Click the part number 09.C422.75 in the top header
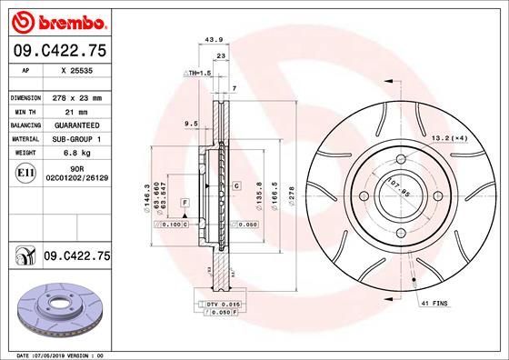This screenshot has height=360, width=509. (x=57, y=52)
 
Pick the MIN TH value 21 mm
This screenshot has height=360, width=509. (x=77, y=111)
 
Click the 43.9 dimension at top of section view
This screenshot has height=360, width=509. (x=215, y=39)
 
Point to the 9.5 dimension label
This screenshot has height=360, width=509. (x=191, y=122)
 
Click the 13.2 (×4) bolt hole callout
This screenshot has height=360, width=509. (x=450, y=137)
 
